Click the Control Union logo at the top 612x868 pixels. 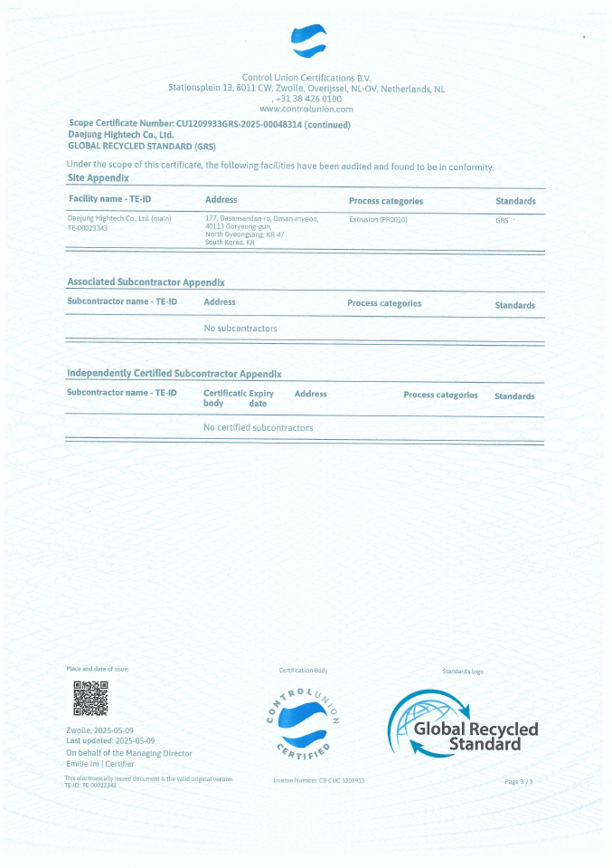pyautogui.click(x=307, y=42)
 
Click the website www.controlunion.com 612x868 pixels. pyautogui.click(x=306, y=109)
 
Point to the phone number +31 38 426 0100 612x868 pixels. pyautogui.click(x=308, y=99)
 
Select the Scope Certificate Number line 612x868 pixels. pyautogui.click(x=209, y=124)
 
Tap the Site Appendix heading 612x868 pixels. pyautogui.click(x=99, y=178)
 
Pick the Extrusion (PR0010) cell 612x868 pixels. pyautogui.click(x=379, y=219)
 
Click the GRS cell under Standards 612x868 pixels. pyautogui.click(x=502, y=220)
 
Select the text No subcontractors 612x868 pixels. pyautogui.click(x=240, y=329)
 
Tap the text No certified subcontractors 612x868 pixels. pyautogui.click(x=258, y=427)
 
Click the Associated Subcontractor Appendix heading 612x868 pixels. pyautogui.click(x=146, y=282)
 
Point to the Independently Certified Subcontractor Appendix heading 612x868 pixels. pyautogui.click(x=174, y=373)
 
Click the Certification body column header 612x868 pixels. pyautogui.click(x=224, y=398)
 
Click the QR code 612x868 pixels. pyautogui.click(x=89, y=700)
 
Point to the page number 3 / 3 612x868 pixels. pyautogui.click(x=518, y=780)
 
